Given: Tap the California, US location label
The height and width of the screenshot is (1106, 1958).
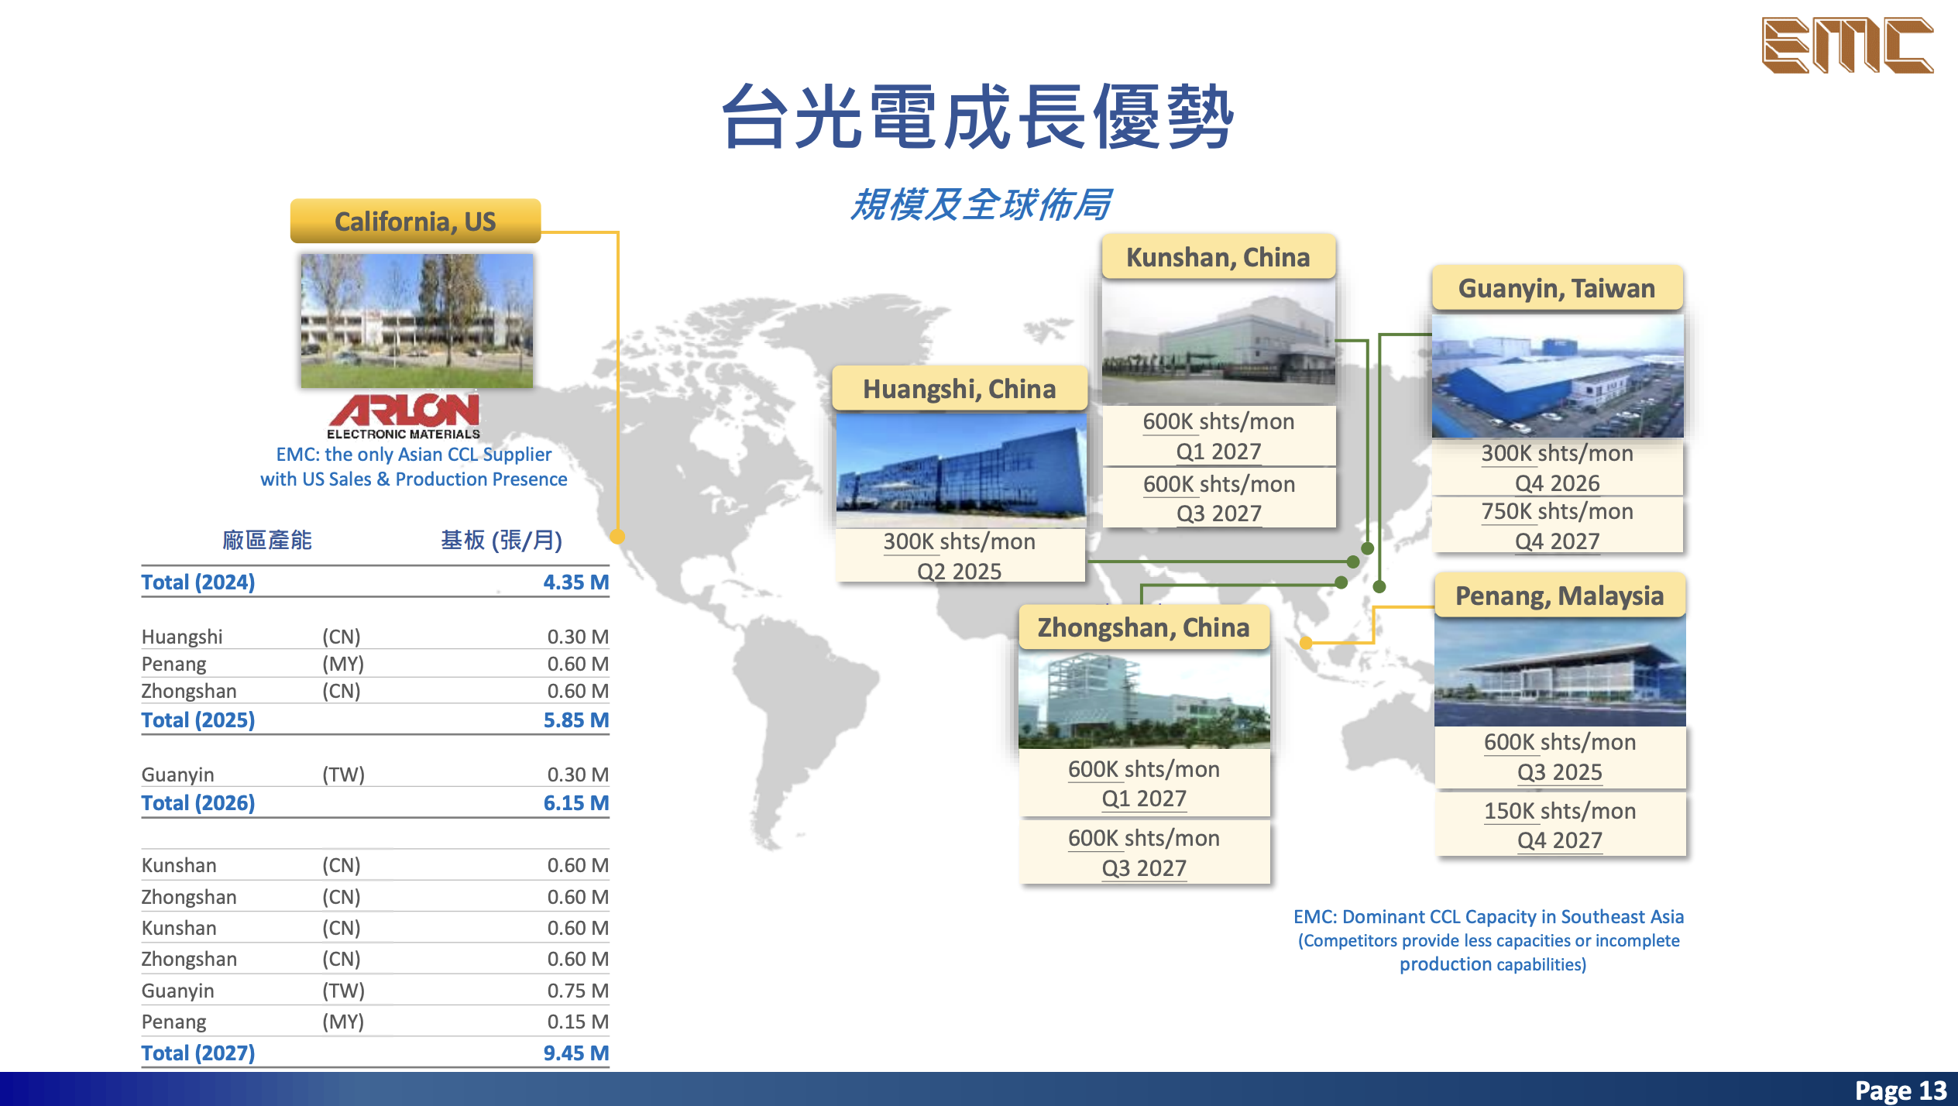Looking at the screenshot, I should pos(415,222).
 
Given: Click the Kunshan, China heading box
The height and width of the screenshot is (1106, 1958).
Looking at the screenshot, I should pos(1218,257).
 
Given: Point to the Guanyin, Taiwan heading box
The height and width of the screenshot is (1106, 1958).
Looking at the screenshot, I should pos(1556,288).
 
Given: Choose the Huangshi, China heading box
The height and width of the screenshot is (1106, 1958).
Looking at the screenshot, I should pos(959,389).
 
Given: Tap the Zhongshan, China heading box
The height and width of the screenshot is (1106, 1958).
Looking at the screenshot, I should pos(1143,627).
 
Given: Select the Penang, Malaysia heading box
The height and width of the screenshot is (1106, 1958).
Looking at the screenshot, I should pos(1559,596).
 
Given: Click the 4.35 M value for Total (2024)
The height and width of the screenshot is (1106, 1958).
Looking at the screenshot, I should pos(575,582).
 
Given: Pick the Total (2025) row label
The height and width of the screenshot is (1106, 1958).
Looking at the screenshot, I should pos(198,720).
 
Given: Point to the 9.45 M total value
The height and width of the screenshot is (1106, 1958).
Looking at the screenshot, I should pos(575,1053).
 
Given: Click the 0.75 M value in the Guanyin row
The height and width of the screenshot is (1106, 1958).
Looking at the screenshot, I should pos(577,991).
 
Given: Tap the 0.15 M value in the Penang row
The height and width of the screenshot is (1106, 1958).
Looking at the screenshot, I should pos(577,1022).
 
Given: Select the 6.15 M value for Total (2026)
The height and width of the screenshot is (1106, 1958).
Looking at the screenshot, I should pos(575,803).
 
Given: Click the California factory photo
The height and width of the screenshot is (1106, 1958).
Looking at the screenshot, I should pos(417,321).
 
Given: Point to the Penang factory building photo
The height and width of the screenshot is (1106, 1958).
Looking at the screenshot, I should pos(1559,671).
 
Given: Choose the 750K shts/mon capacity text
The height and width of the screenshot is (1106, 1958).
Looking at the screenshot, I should pos(1557,512).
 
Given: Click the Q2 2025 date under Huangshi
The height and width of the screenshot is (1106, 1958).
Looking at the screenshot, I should pos(959,572).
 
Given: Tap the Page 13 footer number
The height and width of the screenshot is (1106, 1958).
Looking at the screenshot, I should pos(1900,1091).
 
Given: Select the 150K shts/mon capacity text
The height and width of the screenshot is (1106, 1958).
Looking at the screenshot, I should pos(1559,811).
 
